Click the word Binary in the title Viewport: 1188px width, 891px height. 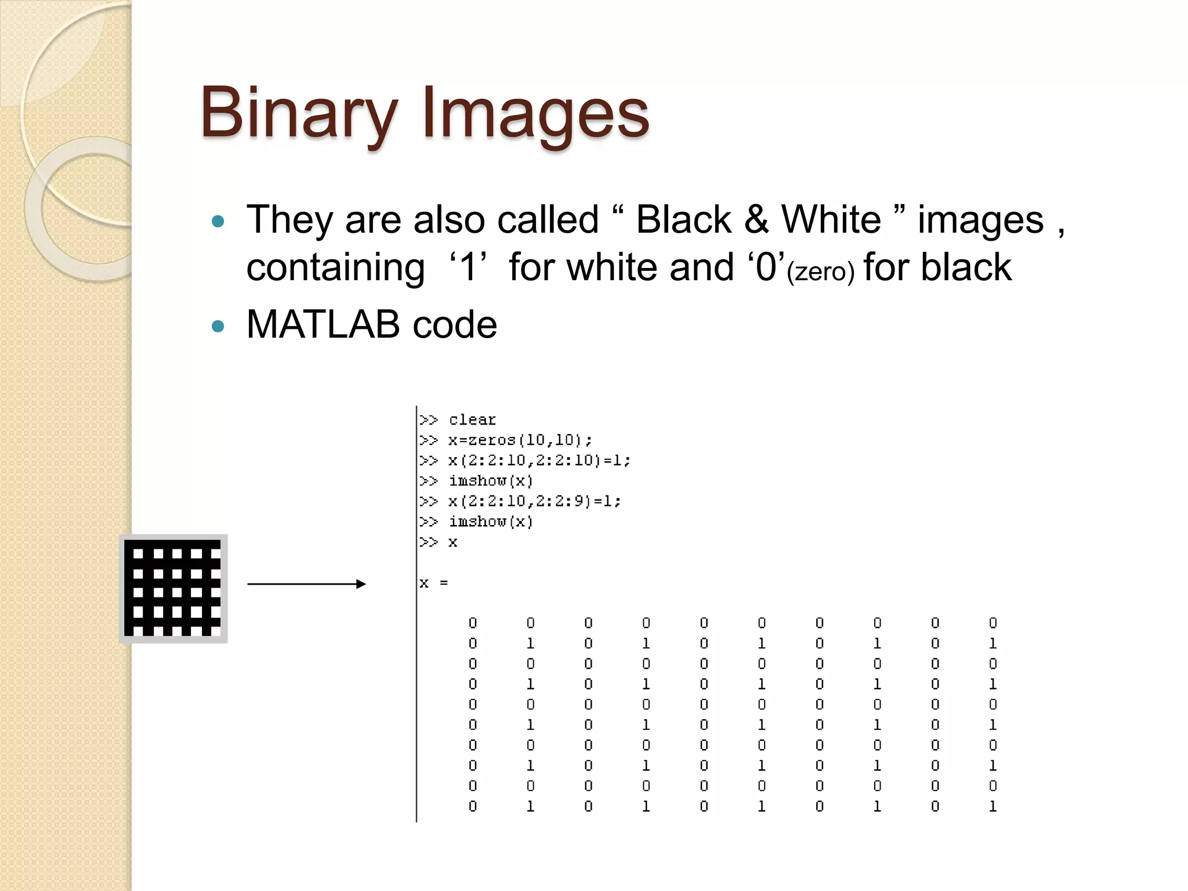[x=299, y=113]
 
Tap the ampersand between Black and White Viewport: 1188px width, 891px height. [x=756, y=220]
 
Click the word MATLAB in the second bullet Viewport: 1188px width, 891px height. [x=323, y=324]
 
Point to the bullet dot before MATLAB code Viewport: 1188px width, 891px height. [x=218, y=326]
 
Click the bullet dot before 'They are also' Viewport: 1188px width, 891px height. [x=218, y=221]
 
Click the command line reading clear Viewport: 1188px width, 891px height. [x=472, y=419]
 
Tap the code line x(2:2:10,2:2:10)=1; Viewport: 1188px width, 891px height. [x=538, y=460]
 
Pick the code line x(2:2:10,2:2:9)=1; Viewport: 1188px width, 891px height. [x=534, y=501]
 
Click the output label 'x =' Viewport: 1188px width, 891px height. [x=434, y=583]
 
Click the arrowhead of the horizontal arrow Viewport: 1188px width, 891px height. [x=361, y=584]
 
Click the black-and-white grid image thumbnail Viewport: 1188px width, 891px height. [x=173, y=588]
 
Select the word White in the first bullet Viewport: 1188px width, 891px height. [x=831, y=220]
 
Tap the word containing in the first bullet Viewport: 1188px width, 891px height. [x=335, y=267]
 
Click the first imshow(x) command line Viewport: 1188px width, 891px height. [x=490, y=480]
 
